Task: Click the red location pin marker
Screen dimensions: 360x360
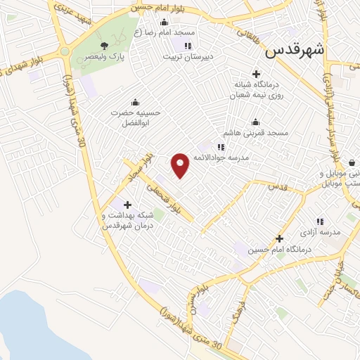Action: pyautogui.click(x=181, y=165)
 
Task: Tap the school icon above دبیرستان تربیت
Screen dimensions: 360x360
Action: pyautogui.click(x=188, y=46)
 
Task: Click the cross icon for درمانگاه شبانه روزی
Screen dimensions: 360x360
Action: pyautogui.click(x=256, y=74)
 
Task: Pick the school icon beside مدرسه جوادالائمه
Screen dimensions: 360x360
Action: pyautogui.click(x=221, y=148)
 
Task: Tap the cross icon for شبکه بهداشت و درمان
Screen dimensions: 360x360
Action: pyautogui.click(x=127, y=204)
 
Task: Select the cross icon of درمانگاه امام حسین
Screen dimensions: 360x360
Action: pyautogui.click(x=279, y=239)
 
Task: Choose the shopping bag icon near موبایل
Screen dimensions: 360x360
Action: pyautogui.click(x=351, y=162)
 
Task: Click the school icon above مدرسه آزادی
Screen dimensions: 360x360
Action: pyautogui.click(x=321, y=221)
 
